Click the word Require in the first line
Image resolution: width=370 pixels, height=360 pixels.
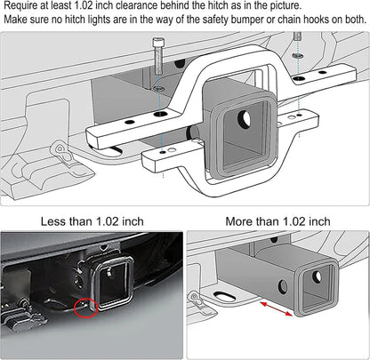23,6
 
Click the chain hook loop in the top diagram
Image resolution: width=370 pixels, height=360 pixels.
60,148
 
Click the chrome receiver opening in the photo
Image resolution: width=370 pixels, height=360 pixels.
114,283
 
